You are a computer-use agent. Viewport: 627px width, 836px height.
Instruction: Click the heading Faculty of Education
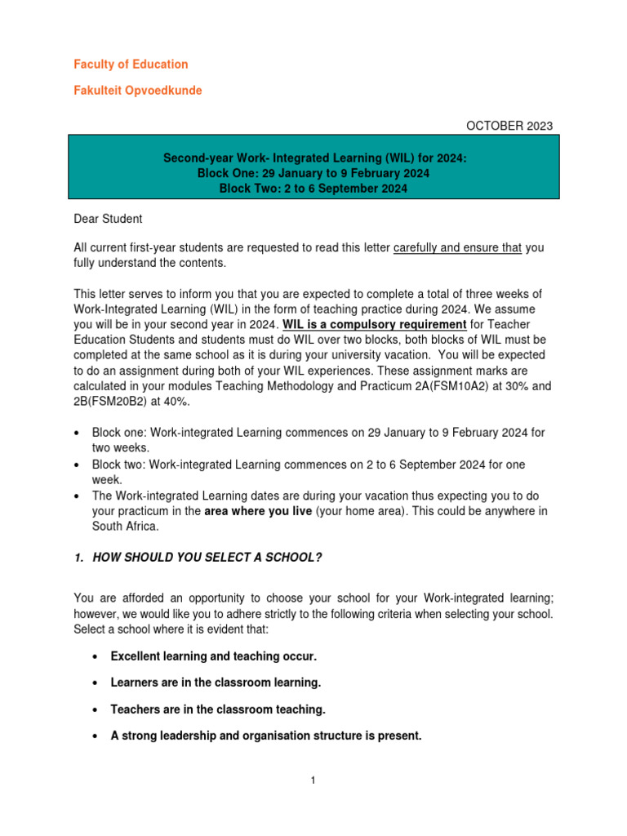(131, 64)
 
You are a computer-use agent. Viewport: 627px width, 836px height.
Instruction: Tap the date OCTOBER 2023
(509, 126)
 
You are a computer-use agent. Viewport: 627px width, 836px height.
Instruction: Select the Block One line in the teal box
(313, 174)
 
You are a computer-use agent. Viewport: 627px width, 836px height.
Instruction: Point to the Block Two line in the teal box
(313, 189)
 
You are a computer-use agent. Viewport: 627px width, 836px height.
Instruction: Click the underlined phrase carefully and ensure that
(457, 248)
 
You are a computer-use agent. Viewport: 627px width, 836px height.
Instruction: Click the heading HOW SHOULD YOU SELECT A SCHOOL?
(204, 557)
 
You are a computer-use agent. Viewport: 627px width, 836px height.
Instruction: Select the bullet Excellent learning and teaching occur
(213, 657)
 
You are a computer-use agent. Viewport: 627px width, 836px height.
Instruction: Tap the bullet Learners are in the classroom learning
(216, 683)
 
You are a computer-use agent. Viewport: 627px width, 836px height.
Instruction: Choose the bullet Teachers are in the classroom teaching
(217, 709)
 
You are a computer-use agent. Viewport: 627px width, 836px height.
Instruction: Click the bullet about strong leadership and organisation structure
(266, 736)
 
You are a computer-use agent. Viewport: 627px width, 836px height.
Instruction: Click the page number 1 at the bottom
(313, 780)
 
